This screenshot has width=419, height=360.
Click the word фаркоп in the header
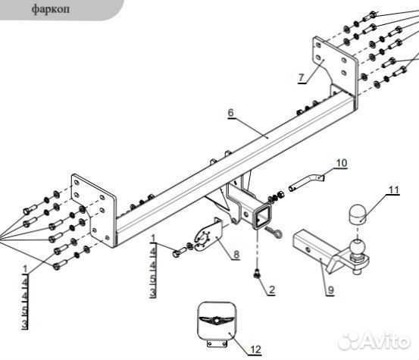51,9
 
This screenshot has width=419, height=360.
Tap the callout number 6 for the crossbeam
230,112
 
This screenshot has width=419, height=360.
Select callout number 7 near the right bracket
301,77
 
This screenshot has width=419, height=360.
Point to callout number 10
341,163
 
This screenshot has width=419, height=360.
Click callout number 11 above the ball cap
393,189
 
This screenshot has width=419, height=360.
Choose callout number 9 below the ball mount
331,290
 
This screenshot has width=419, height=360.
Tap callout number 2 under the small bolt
272,290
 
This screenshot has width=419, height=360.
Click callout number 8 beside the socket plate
236,255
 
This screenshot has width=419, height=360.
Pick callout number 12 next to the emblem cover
255,349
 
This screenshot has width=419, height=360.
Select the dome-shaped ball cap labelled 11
358,214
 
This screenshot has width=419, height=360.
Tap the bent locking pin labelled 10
306,182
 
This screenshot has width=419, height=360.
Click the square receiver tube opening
261,218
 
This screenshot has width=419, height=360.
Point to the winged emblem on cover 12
217,319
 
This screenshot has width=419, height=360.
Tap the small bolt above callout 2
258,274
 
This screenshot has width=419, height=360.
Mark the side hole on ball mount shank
308,251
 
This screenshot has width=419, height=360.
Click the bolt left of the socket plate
179,252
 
